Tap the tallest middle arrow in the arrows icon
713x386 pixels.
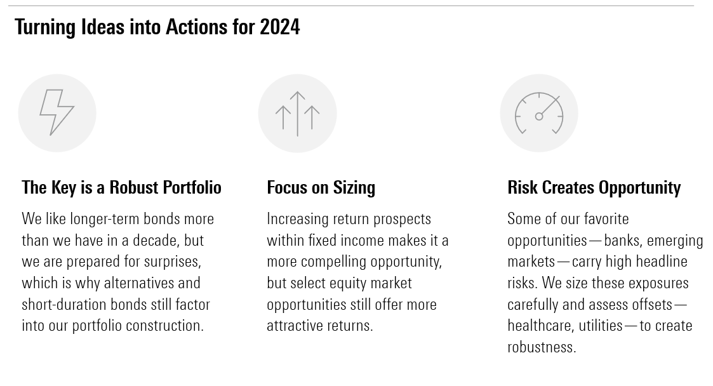tap(297, 114)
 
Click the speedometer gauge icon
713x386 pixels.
tap(539, 113)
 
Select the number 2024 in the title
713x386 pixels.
tap(279, 27)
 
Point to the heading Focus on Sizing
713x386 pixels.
tap(321, 187)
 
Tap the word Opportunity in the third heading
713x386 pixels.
tap(639, 188)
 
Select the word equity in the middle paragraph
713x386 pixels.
tap(348, 283)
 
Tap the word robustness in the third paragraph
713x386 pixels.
tap(542, 347)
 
